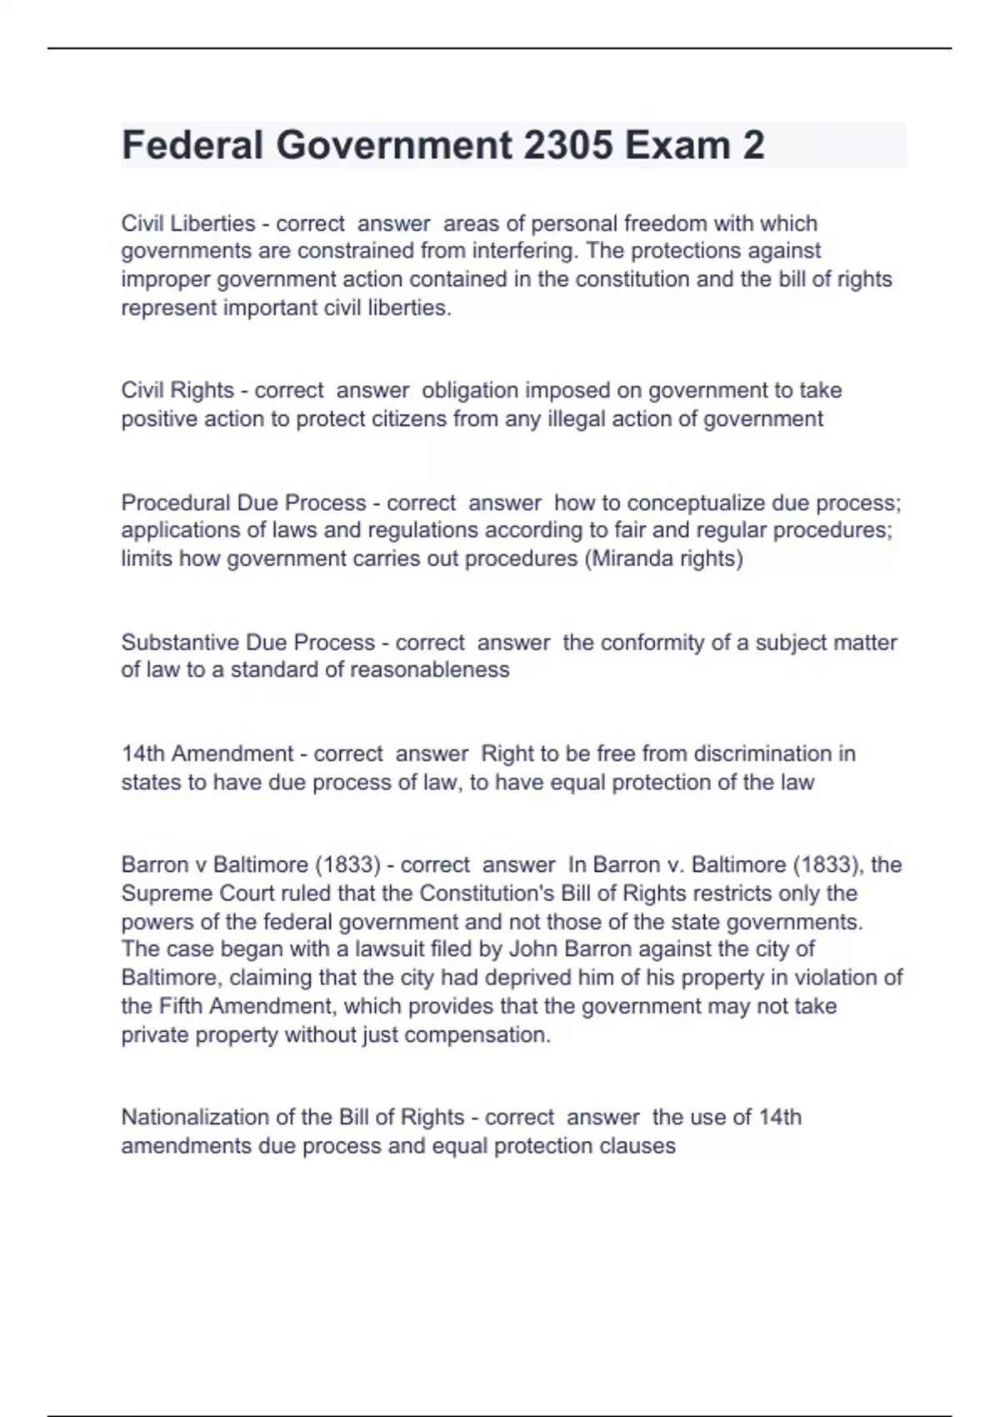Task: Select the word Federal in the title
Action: click(192, 145)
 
